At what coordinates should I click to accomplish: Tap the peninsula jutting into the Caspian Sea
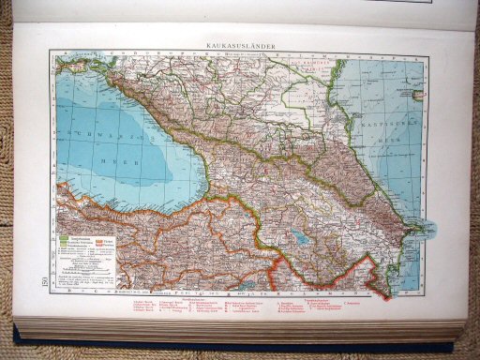point(421,226)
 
